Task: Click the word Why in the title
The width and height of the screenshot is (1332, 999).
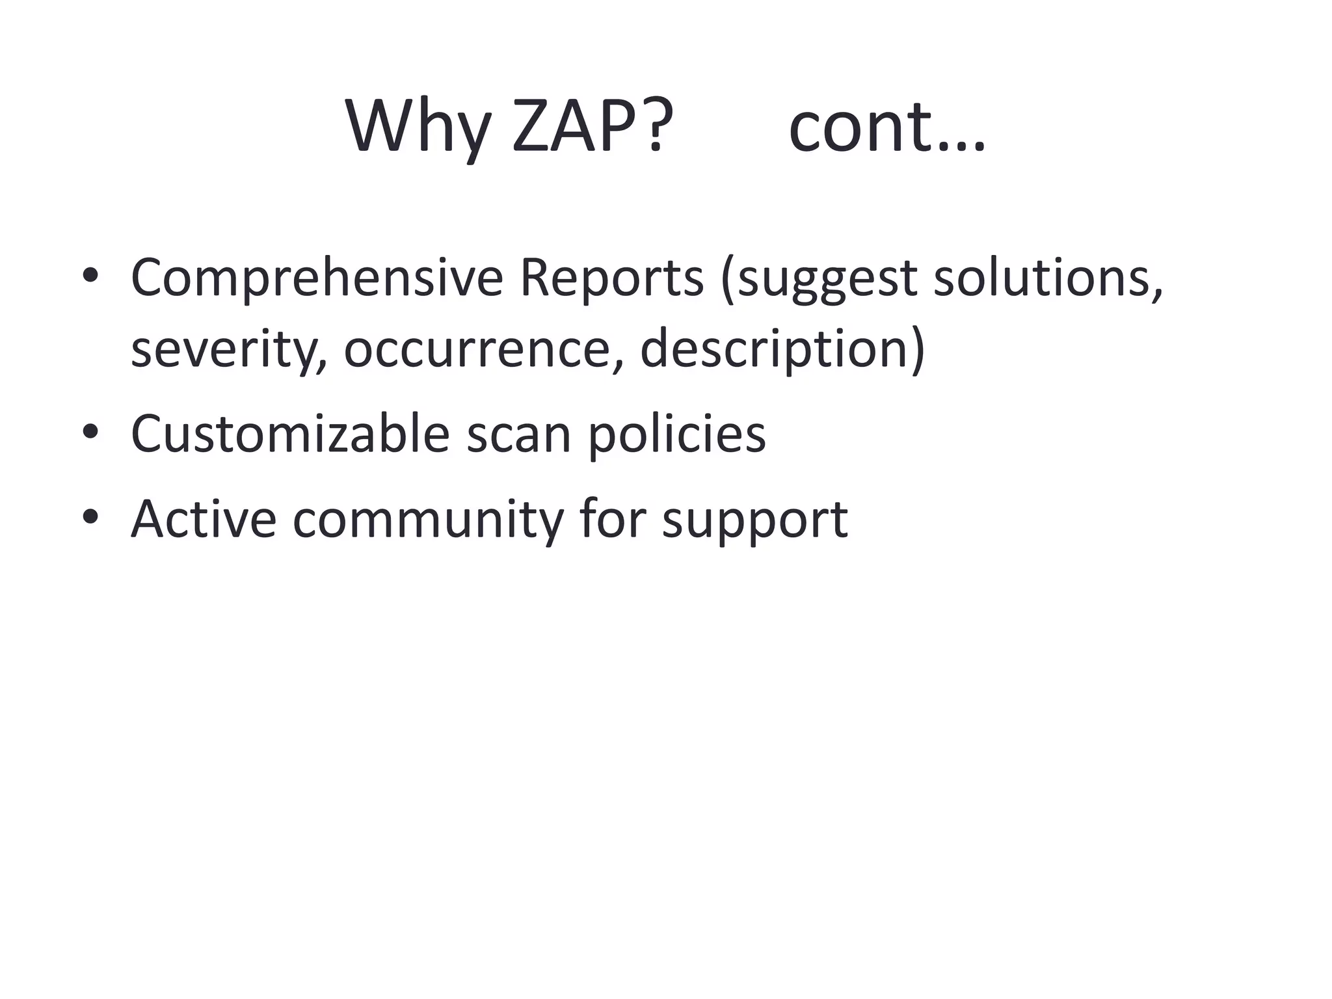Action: pyautogui.click(x=418, y=127)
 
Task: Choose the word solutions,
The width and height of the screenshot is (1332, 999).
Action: pyautogui.click(x=1048, y=278)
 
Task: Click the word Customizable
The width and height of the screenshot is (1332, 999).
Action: pyautogui.click(x=290, y=434)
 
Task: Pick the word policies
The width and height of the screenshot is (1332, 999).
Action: pyautogui.click(x=676, y=434)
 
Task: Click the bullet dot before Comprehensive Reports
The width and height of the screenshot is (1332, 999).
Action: pyautogui.click(x=90, y=276)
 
